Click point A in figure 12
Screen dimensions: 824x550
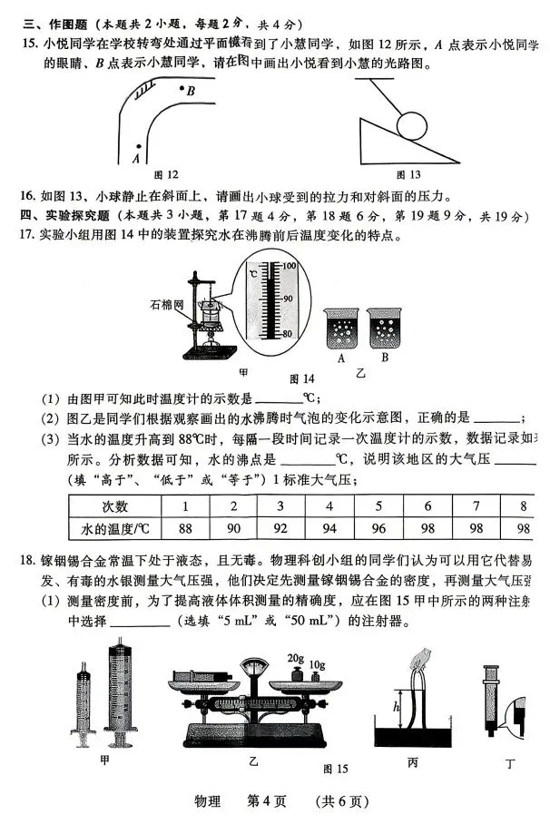[x=137, y=146]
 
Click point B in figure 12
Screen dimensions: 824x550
[x=182, y=89]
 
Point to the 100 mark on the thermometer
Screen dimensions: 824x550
[x=289, y=266]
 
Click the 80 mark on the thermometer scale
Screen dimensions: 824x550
[x=289, y=333]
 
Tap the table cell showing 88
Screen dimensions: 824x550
[x=186, y=528]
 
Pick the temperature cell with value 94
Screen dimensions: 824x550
[x=329, y=528]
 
